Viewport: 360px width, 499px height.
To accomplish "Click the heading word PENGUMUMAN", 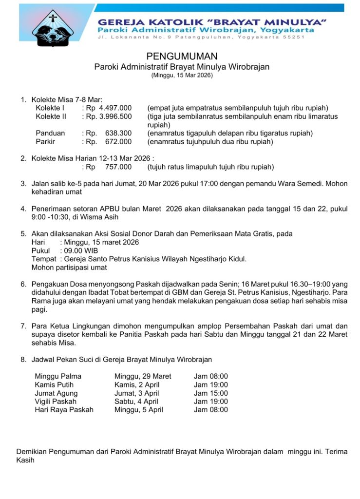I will [182, 57].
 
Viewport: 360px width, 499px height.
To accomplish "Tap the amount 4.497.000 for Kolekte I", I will [115, 108].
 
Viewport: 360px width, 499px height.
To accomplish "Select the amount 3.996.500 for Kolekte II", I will [115, 116].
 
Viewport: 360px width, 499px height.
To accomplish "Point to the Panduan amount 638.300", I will [118, 133].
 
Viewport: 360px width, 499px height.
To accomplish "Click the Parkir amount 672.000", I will [118, 142].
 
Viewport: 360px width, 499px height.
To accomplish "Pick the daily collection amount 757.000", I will [118, 167].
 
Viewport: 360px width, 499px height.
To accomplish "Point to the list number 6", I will [23, 284].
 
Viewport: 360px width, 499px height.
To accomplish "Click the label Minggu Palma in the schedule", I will [58, 376].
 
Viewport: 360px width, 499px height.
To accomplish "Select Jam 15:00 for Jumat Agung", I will [211, 393].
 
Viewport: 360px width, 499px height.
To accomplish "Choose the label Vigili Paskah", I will [56, 402].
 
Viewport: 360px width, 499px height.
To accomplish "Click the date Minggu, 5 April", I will [139, 410].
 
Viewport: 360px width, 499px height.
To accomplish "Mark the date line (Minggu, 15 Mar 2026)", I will [182, 76].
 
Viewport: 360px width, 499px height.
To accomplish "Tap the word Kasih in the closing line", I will [25, 460].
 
